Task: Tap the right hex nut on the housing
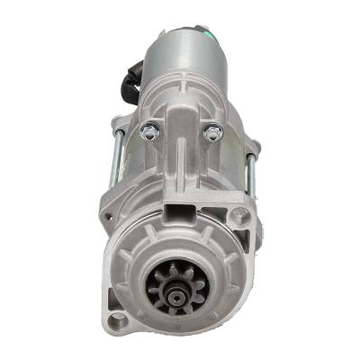click(211, 134)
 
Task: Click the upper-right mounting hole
click(238, 216)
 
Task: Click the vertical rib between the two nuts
click(179, 144)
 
